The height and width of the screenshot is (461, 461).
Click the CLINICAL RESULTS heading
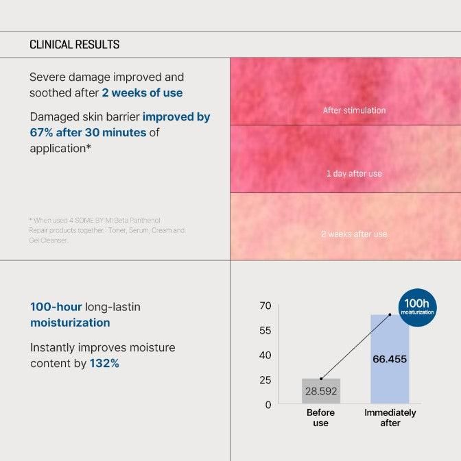pyautogui.click(x=74, y=45)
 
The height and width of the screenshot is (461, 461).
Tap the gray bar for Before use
pyautogui.click(x=320, y=391)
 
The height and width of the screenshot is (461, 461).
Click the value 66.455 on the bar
pyautogui.click(x=390, y=359)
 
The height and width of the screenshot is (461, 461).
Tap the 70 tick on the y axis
pyautogui.click(x=265, y=306)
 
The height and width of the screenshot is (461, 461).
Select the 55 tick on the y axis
pyautogui.click(x=265, y=330)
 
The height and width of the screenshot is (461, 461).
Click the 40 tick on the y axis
pyautogui.click(x=265, y=355)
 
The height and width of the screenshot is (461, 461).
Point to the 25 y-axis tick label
pyautogui.click(x=265, y=379)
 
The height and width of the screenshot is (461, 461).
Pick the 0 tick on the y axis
pyautogui.click(x=268, y=404)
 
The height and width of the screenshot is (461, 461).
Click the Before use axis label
pyautogui.click(x=320, y=418)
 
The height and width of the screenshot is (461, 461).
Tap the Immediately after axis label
pyautogui.click(x=390, y=418)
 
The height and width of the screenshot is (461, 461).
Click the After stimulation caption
pyautogui.click(x=354, y=110)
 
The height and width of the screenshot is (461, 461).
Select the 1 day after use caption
pyautogui.click(x=354, y=173)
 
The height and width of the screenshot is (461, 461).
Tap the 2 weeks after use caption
pyautogui.click(x=354, y=234)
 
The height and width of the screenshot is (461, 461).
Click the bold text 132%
pyautogui.click(x=104, y=363)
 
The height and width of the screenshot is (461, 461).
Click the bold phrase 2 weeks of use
pyautogui.click(x=142, y=92)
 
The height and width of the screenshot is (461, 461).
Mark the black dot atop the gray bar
pyautogui.click(x=321, y=378)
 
